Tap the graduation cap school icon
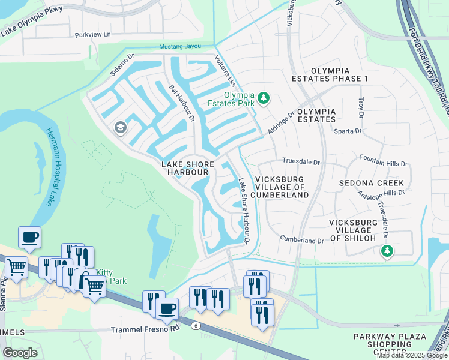coord(120,128)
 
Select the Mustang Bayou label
coord(179,47)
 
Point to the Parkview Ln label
coord(93,35)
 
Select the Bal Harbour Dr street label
coord(182,103)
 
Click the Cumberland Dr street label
coord(302,240)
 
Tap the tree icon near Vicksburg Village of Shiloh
coord(388,251)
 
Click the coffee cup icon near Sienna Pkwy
coord(29,237)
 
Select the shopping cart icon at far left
coord(16,266)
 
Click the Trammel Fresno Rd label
coord(146,330)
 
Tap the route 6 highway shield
coord(196,325)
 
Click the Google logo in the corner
coord(20,353)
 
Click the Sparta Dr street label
coord(349,130)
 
